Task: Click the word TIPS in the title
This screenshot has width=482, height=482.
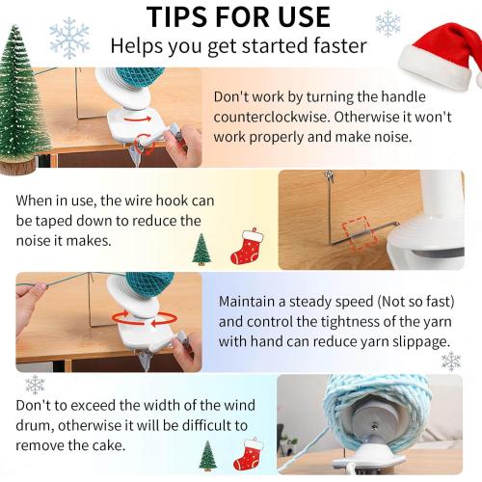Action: [177, 16]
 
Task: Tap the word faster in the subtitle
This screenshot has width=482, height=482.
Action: [340, 45]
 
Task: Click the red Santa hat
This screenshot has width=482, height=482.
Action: [440, 56]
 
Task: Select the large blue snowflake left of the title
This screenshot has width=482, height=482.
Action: [69, 38]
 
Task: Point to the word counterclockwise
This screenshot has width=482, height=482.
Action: [272, 117]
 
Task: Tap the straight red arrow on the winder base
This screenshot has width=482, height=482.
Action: [138, 120]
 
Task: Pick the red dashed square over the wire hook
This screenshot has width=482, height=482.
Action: [360, 232]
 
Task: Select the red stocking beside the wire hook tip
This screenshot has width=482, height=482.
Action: [247, 246]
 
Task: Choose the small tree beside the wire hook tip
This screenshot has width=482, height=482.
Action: [201, 249]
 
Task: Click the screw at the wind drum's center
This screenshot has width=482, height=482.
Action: [374, 427]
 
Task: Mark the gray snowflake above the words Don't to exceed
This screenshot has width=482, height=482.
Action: [35, 385]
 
